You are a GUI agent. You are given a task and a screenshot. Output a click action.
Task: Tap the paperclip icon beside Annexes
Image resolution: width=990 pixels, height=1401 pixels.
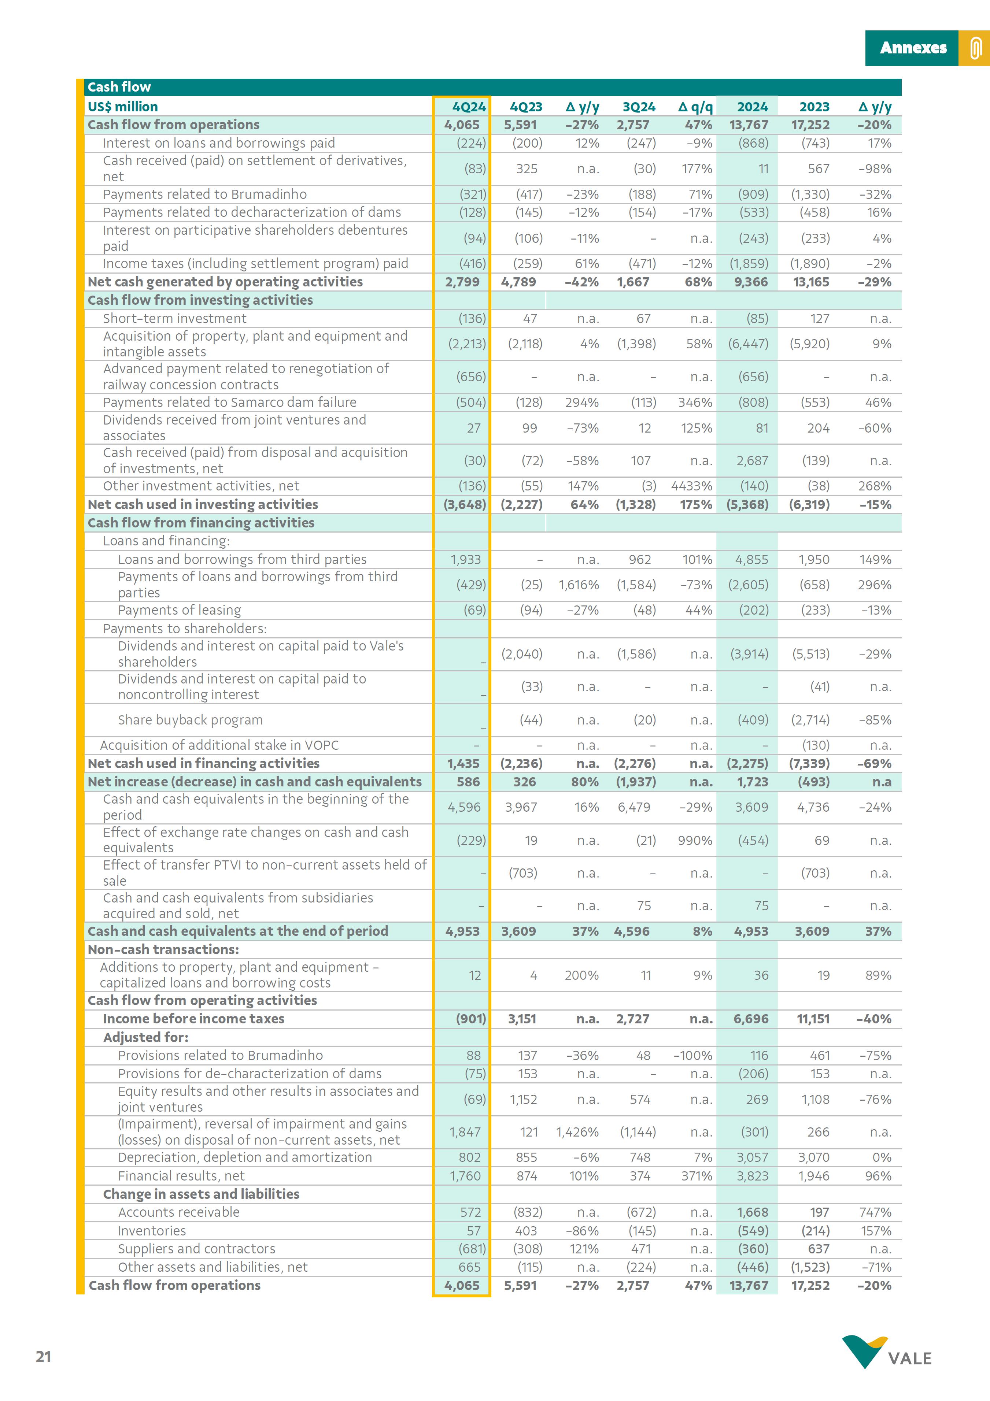[x=975, y=48]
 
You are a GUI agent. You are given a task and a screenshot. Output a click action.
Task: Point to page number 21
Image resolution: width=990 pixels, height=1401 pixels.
[x=43, y=1356]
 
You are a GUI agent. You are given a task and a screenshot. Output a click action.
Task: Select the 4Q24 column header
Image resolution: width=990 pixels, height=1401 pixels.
[x=469, y=107]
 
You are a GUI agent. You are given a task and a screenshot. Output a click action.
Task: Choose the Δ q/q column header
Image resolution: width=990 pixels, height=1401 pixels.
[x=695, y=107]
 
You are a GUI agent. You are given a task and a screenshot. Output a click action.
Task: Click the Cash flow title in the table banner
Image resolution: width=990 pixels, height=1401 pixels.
[x=119, y=87]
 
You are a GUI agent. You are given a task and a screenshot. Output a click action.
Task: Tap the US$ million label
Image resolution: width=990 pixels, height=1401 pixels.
[x=123, y=107]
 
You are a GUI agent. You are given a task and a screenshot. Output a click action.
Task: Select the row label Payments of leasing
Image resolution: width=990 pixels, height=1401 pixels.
[x=180, y=610]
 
